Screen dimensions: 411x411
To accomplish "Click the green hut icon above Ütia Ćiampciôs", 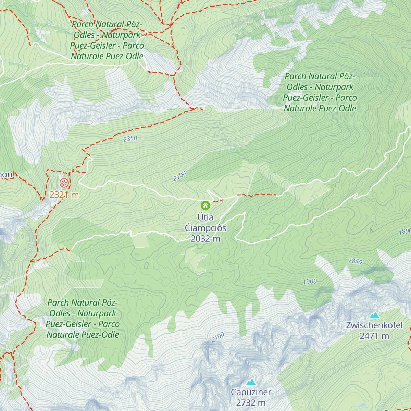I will [205, 206].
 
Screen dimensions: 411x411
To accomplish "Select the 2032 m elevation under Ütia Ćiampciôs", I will [205, 239].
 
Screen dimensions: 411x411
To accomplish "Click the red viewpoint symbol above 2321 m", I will [64, 183].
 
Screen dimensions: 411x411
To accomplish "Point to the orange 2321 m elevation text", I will [64, 195].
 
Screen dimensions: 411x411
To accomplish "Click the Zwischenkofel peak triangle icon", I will [374, 315].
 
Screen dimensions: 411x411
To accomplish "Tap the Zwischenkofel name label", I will [374, 325].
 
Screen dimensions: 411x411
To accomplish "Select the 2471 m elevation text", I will [374, 336].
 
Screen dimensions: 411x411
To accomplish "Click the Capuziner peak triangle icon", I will [251, 382].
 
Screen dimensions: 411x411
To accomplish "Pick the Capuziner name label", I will [251, 392].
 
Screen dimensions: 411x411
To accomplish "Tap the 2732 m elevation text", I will [251, 403].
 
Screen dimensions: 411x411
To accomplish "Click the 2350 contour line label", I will [130, 139].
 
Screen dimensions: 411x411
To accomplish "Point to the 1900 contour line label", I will [310, 282].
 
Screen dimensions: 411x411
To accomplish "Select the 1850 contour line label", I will [355, 261].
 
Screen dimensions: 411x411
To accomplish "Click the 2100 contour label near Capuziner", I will [218, 337].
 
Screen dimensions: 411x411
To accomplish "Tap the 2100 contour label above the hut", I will [179, 176].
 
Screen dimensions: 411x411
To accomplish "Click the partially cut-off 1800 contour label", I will [405, 232].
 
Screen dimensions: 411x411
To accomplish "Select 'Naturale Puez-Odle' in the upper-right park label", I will [320, 108].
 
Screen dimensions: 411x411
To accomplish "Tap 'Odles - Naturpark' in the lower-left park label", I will [83, 313].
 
